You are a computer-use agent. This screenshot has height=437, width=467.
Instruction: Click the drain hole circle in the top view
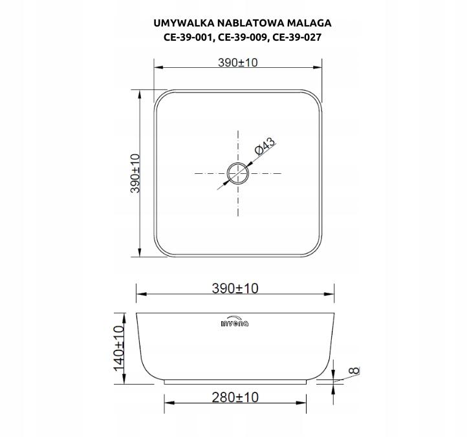click(x=237, y=173)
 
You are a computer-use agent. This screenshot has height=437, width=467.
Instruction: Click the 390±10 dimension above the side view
click(x=235, y=288)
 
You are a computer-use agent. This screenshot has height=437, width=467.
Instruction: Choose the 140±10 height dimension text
click(x=118, y=348)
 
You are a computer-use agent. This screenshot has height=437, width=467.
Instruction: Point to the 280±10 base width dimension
click(x=235, y=397)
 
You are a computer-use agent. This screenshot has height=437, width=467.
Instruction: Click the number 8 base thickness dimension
click(x=353, y=371)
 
